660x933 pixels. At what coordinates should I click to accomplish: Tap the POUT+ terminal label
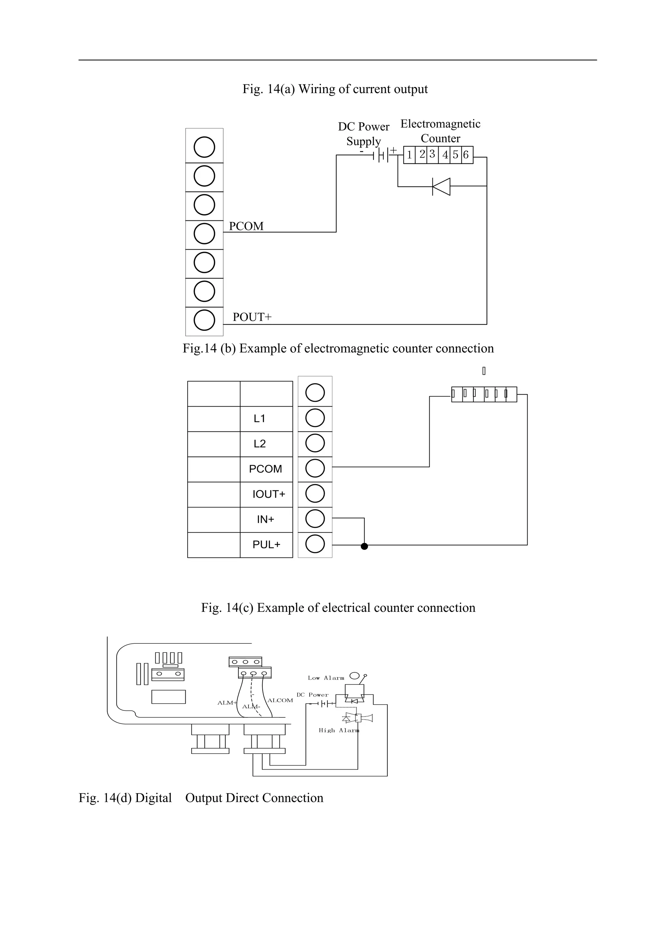(252, 317)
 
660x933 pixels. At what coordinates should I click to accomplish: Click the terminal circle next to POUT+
(204, 320)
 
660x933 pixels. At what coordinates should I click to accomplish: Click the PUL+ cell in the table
(266, 544)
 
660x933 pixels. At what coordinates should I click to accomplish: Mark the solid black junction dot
(364, 546)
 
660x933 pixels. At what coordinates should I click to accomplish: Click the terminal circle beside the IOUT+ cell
(315, 494)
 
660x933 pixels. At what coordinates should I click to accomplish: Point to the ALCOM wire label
(280, 700)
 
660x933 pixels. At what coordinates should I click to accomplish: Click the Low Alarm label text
(326, 678)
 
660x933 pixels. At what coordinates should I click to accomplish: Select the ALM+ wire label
(227, 703)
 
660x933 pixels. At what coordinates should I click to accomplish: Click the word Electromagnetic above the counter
(440, 124)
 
